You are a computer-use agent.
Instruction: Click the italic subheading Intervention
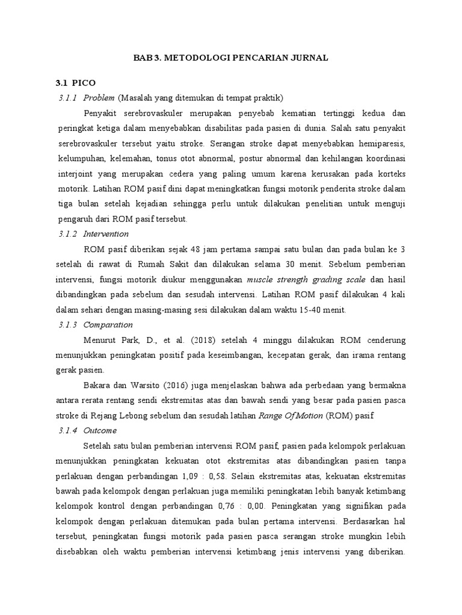[106, 234]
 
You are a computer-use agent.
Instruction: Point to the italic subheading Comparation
[108, 324]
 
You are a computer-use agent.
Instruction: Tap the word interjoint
[76, 174]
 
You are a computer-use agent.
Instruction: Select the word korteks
[389, 174]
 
